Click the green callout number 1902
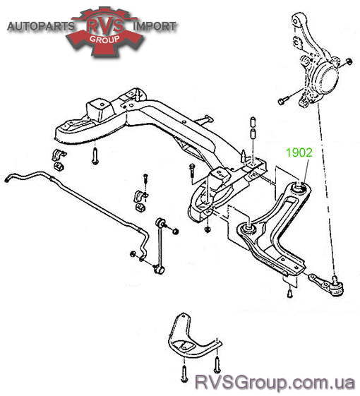pos(299,152)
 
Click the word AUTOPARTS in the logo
pos(41,26)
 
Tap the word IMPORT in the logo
pos(155,26)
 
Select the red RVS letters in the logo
pos(105,25)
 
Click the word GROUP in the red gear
pos(104,39)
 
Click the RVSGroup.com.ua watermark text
pos(275,383)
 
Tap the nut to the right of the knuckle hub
pos(349,61)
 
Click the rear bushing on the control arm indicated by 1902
pos(300,187)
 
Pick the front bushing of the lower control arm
pos(248,228)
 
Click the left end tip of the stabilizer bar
pos(6,179)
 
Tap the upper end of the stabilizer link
pos(160,222)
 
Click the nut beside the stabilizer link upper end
pos(176,231)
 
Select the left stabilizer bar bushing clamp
pos(59,155)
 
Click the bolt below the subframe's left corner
pos(95,156)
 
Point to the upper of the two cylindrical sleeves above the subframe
pos(253,122)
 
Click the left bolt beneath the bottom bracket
pos(185,373)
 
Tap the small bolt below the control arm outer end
pos(290,293)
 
